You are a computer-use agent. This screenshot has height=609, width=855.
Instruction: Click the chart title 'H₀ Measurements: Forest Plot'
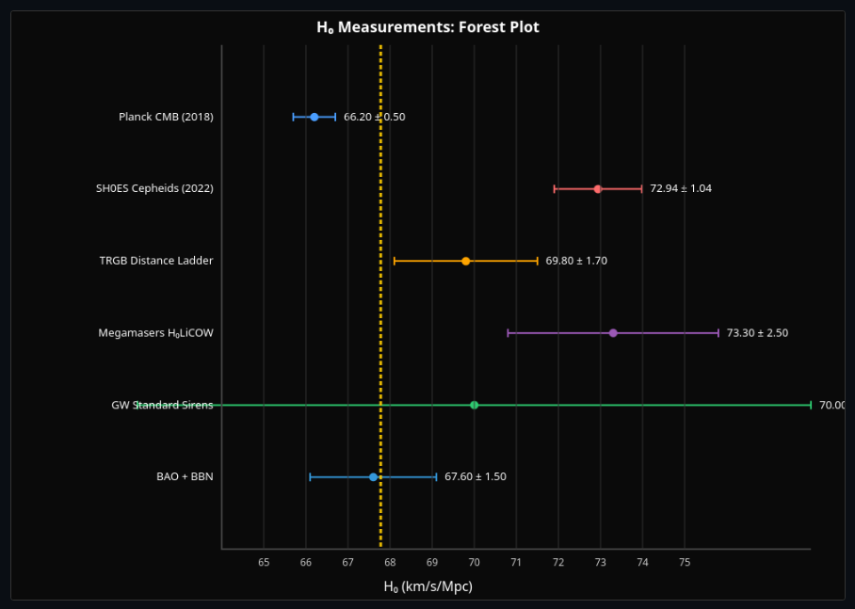[427, 27]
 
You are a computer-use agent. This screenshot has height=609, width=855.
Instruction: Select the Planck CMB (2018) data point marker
[315, 117]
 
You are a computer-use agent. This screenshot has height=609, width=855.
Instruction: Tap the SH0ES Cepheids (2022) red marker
[598, 189]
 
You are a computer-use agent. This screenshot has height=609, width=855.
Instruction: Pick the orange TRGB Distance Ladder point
[466, 261]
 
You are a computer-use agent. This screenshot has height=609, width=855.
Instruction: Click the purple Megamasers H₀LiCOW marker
[613, 333]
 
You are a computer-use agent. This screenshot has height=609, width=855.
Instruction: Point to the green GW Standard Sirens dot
[475, 405]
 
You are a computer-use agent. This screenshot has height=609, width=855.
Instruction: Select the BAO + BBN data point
[374, 477]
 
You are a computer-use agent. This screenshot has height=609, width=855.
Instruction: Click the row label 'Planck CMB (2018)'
[166, 117]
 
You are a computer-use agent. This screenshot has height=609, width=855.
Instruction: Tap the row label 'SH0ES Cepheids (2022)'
[154, 189]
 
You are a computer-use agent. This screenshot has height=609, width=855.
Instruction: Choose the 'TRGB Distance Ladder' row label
[156, 261]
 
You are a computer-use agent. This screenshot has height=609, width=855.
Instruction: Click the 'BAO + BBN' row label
[185, 477]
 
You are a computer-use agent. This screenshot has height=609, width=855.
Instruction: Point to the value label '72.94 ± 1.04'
[681, 189]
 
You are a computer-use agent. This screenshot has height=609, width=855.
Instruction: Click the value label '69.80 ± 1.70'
[576, 261]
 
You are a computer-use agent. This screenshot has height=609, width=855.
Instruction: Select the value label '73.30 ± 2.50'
[757, 333]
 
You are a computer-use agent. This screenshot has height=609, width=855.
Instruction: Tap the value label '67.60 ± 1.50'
[476, 477]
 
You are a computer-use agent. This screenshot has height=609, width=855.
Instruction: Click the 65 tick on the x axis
[264, 562]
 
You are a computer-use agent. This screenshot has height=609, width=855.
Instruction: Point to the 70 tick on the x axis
[475, 562]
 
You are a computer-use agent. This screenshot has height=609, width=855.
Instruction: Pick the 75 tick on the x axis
[685, 562]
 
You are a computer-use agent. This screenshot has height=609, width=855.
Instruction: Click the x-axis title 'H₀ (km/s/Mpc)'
[427, 586]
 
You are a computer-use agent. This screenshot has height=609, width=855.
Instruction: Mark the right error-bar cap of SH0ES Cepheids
[642, 189]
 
